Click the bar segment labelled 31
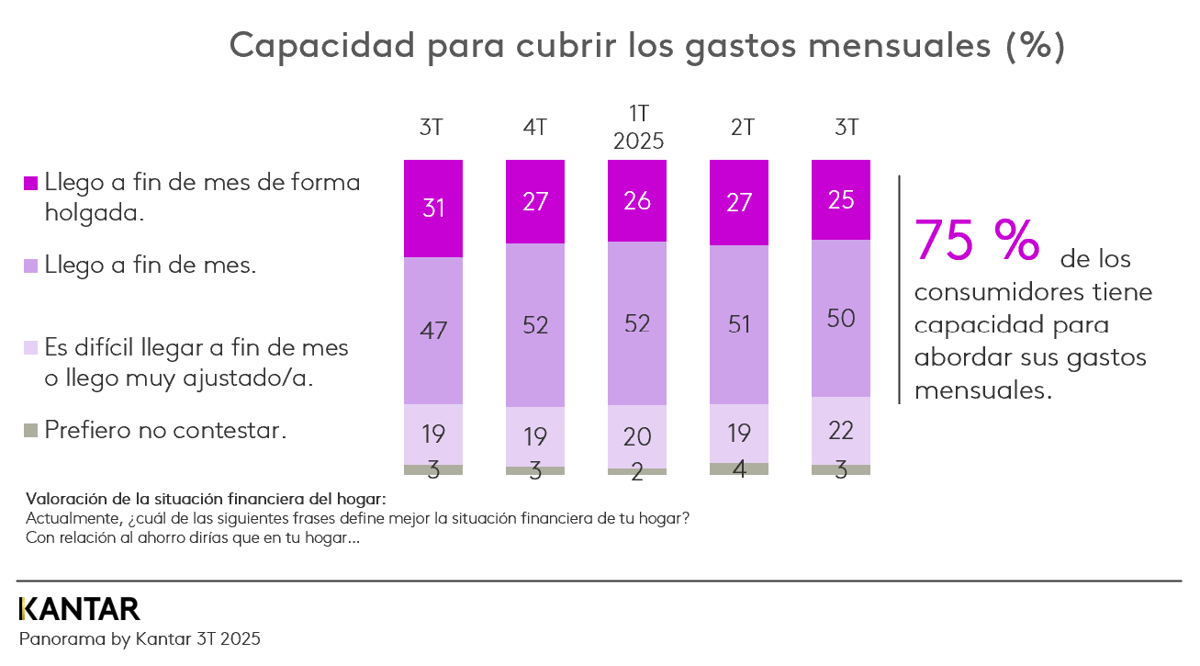click(433, 209)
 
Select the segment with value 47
click(433, 331)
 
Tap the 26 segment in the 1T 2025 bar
click(637, 201)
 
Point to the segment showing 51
click(739, 324)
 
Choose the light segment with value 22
click(841, 430)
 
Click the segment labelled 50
click(841, 318)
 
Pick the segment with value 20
click(637, 436)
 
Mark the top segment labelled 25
click(841, 199)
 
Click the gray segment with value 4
click(739, 468)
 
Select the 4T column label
click(535, 129)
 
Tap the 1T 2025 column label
click(637, 128)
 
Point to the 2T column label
click(739, 129)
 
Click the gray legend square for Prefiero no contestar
click(30, 430)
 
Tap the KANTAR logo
click(80, 608)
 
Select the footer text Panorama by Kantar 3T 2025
click(140, 638)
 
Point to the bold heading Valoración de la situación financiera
click(207, 500)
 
